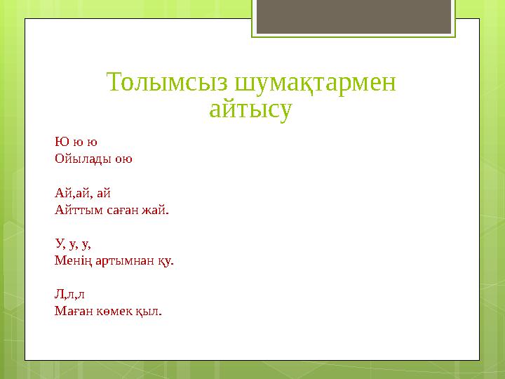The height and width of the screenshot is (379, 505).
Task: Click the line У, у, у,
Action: click(73, 244)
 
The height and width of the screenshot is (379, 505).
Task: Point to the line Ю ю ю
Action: click(76, 141)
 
